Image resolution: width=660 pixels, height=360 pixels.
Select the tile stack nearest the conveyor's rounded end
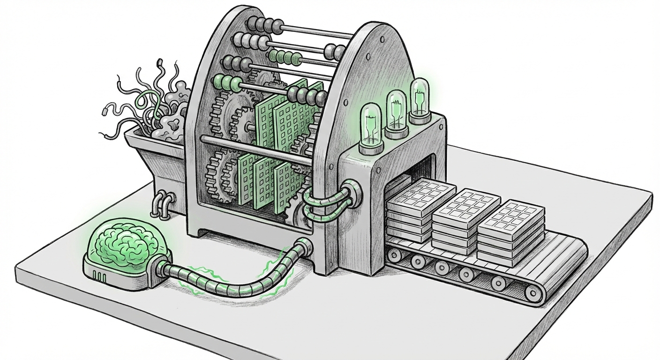(x=511, y=230)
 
